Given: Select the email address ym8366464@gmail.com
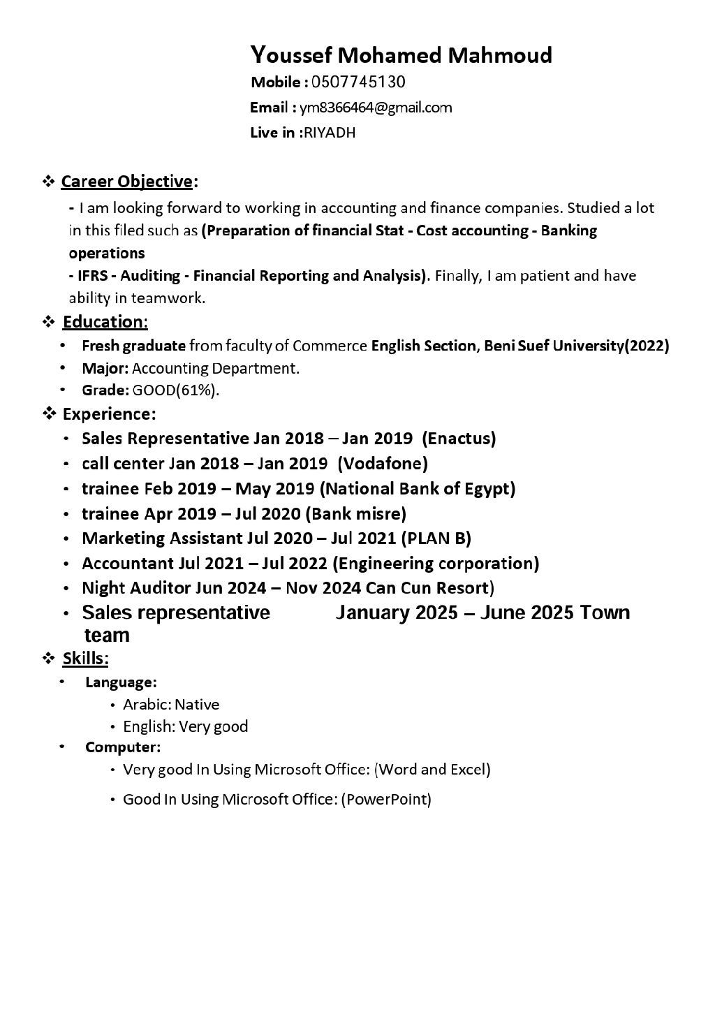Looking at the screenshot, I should coord(376,108).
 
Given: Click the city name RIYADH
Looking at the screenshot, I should coord(330,133).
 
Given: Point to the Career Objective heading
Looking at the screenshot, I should coord(127,182).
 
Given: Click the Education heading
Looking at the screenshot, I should coord(105,322).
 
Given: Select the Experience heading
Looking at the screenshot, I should coord(109,414).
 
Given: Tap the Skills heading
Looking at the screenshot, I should coord(85,658).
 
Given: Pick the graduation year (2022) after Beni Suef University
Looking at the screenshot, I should coord(647,345).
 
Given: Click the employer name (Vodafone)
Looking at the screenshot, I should coord(383,463).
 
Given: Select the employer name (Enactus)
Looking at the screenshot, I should coord(459,439).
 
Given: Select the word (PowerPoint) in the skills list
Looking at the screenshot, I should coord(386,799).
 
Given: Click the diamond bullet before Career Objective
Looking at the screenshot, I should coord(49,182).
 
